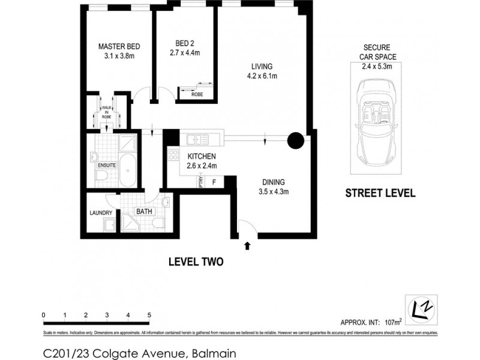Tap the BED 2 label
click(x=184, y=43)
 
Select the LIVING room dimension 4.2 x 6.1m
click(x=262, y=76)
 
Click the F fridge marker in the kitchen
click(x=214, y=181)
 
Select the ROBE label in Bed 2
click(x=196, y=94)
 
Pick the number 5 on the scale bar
click(x=149, y=315)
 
